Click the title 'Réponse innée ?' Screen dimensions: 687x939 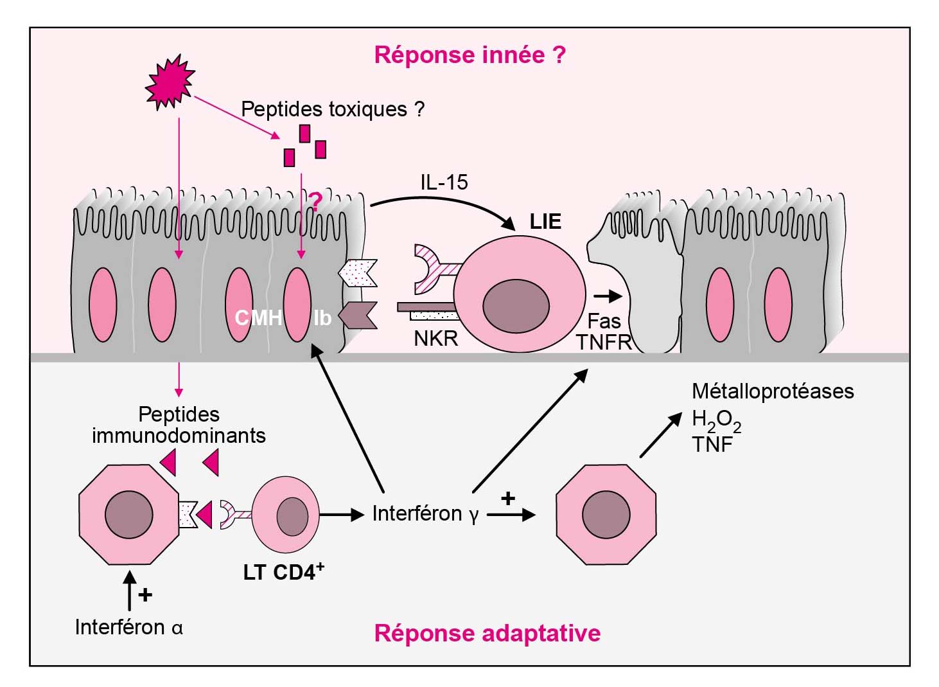pos(469,55)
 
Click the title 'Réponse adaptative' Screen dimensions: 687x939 pos(487,633)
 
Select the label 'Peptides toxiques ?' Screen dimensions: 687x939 pos(332,109)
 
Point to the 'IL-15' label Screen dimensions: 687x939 pos(444,183)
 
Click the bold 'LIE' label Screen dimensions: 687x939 pos(545,222)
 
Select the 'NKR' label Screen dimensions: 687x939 pos(436,338)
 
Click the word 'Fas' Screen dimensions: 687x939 pos(604,321)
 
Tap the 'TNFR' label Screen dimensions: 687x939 pos(604,343)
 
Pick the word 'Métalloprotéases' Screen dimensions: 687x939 pos(773,391)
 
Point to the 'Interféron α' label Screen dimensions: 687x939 pos(128,627)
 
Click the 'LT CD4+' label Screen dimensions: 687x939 pos(283,571)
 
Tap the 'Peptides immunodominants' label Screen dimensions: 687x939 pos(179,425)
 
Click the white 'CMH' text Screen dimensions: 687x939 pos(258,317)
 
